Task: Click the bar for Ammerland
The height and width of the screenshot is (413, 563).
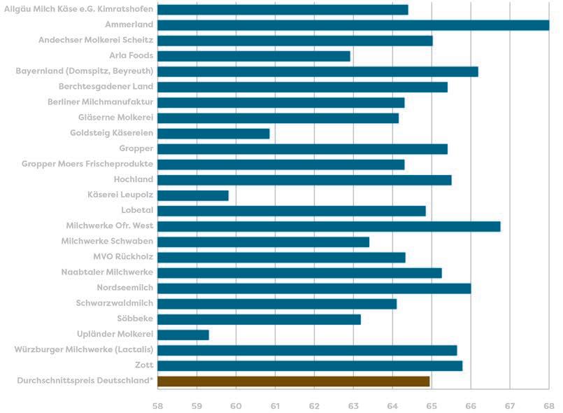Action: click(353, 25)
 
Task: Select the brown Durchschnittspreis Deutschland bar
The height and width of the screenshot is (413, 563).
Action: click(293, 381)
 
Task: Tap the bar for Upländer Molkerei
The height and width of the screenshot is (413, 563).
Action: click(183, 335)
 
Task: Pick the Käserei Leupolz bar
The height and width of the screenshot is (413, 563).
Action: click(193, 195)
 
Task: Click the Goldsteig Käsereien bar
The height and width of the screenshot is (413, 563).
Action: click(213, 134)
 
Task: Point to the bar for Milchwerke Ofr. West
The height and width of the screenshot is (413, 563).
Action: click(329, 226)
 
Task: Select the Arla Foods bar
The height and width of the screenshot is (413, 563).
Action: click(254, 56)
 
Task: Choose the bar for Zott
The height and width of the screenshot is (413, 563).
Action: click(310, 366)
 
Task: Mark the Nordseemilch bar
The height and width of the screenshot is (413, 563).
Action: click(314, 288)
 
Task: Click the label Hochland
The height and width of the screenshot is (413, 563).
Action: click(133, 179)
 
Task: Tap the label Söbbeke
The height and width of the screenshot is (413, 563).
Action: click(135, 318)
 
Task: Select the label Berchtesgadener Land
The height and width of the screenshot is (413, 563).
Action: click(106, 86)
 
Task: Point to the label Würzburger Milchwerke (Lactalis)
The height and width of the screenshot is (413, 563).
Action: click(84, 349)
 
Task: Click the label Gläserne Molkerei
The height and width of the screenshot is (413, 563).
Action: click(115, 117)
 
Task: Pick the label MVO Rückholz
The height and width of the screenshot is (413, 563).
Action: click(123, 256)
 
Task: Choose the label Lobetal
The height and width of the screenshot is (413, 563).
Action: click(137, 210)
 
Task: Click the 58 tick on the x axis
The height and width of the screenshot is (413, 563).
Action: click(157, 406)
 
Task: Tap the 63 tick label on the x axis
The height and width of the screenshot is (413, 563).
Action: click(353, 406)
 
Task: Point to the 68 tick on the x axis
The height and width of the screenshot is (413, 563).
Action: click(549, 406)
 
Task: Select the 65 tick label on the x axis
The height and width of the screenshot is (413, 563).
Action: click(432, 406)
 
